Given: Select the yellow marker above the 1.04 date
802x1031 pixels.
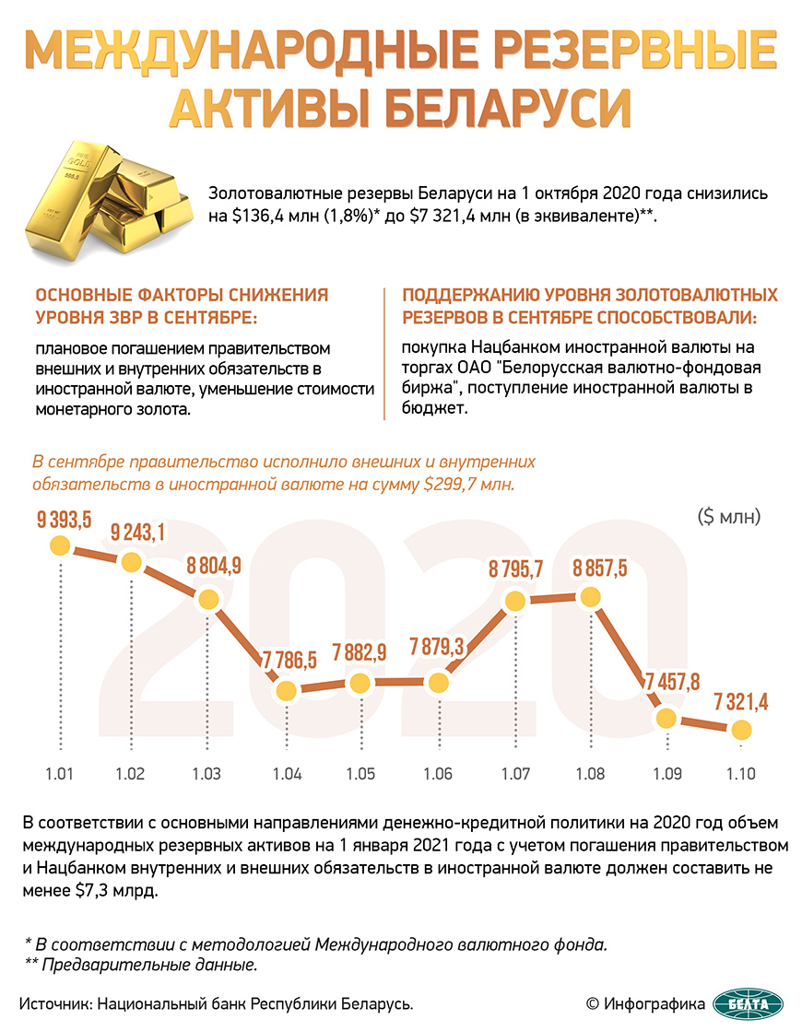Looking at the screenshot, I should coord(287,689).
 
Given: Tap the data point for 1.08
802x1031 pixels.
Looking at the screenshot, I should coord(591,595).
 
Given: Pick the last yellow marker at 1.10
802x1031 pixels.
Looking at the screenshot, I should coord(740,730).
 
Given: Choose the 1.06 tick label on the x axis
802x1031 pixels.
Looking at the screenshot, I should coord(438,773).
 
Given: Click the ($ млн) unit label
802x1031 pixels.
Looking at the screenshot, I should coord(729,517).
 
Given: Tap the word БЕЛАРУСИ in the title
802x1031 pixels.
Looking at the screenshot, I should coord(507,108).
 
